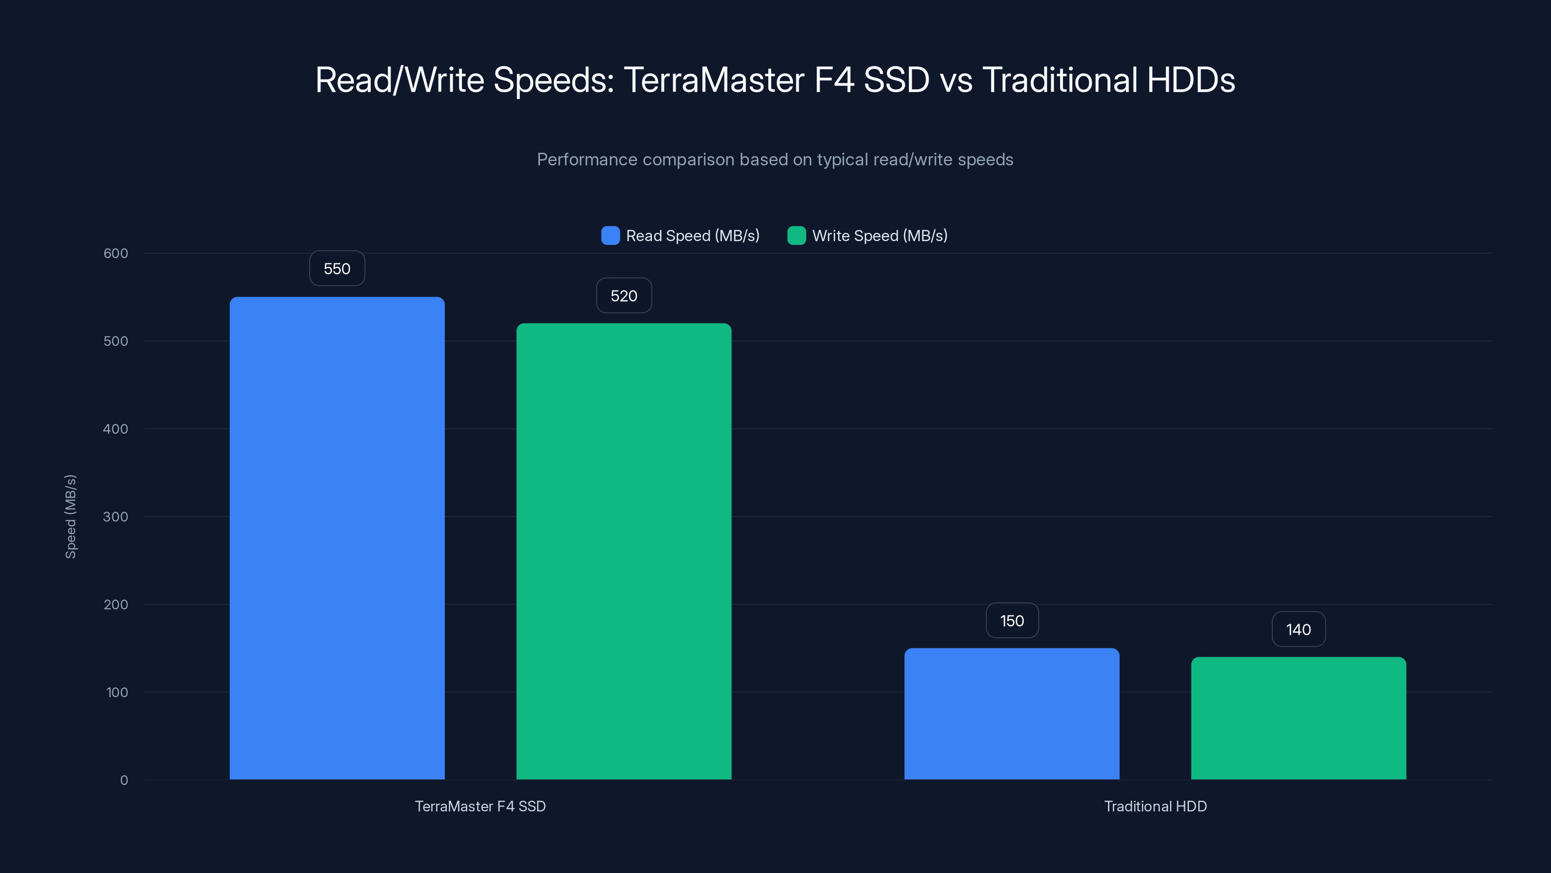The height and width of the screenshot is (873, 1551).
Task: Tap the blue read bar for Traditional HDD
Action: point(1012,714)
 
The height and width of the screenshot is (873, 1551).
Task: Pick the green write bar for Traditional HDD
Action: point(1298,718)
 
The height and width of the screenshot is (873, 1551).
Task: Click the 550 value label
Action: point(337,269)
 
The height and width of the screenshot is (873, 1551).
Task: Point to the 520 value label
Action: point(624,296)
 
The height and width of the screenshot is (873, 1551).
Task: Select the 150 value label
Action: point(1012,621)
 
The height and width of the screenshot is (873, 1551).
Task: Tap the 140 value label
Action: point(1298,630)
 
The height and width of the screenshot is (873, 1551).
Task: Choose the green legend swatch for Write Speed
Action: point(796,236)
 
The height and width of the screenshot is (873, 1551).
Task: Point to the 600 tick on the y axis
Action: point(116,254)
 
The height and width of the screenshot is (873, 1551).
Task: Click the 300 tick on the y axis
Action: point(116,517)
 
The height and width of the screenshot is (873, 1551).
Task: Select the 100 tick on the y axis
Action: point(117,692)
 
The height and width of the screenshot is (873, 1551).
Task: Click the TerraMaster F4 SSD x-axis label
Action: point(480,806)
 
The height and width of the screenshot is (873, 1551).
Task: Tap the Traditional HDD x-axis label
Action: point(1155,806)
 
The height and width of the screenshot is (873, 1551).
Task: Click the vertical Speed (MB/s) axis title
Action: point(70,517)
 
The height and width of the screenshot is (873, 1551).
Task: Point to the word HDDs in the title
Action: point(1190,80)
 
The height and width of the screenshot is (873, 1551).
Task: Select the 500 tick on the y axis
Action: point(116,341)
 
